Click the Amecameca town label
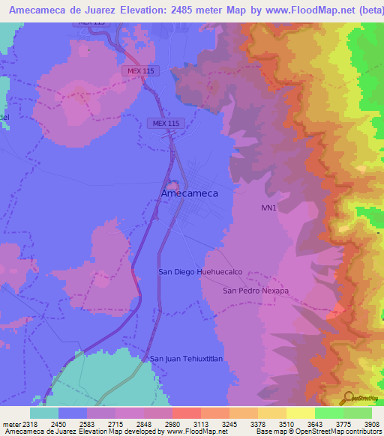pyautogui.click(x=190, y=193)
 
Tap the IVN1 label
pyautogui.click(x=268, y=208)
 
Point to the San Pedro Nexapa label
pyautogui.click(x=256, y=290)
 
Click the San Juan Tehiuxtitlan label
pyautogui.click(x=187, y=359)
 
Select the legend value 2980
pyautogui.click(x=172, y=423)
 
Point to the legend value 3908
pyautogui.click(x=372, y=423)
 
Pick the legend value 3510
pyautogui.click(x=286, y=423)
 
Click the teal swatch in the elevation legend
pyautogui.click(x=44, y=413)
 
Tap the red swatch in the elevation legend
pyautogui.click(x=187, y=413)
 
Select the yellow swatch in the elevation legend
pyautogui.click(x=301, y=413)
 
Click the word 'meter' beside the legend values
pyautogui.click(x=7, y=423)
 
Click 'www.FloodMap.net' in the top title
pyautogui.click(x=285, y=10)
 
